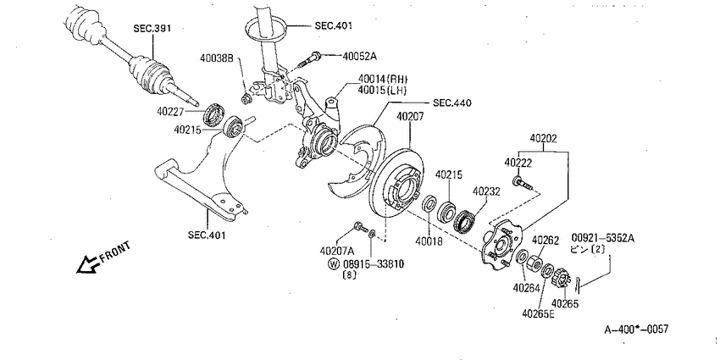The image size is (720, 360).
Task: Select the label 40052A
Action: pos(359,57)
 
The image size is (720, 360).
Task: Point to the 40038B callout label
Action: pos(217,58)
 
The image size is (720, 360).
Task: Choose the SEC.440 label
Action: pos(451,103)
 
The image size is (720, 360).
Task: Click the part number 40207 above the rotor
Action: pos(410,117)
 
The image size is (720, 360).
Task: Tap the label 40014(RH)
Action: pos(383,80)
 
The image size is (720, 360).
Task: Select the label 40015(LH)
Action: pos(383,91)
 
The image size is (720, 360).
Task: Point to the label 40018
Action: pos(429,241)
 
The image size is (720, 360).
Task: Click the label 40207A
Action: pos(337,251)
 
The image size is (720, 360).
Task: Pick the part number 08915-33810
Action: pos(374,264)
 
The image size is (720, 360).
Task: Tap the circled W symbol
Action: pos(334,264)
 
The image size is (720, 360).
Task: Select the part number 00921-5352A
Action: pos(603,238)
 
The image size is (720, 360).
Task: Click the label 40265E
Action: pos(538,313)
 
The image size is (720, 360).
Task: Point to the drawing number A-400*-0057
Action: pos(636,330)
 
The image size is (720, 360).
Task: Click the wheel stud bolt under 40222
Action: pos(522,182)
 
